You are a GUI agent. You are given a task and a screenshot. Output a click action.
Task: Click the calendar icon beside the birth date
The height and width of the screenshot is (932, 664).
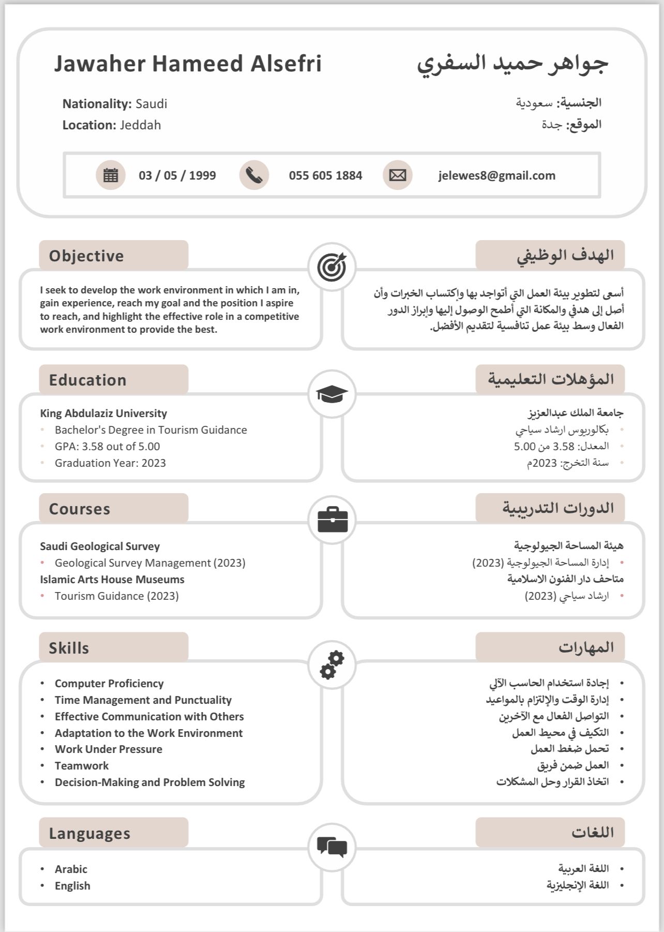[x=110, y=175]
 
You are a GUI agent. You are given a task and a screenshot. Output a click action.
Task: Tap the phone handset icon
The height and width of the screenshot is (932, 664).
[x=254, y=175]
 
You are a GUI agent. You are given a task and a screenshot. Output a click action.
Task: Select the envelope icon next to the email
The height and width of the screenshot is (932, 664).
[x=397, y=175]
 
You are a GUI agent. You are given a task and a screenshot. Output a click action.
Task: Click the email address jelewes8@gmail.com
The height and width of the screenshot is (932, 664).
[x=496, y=175]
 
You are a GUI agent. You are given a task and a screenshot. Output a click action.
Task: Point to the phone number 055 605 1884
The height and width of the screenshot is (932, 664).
[x=325, y=175]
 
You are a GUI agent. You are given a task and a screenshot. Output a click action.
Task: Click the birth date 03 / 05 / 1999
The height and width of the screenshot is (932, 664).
[x=177, y=175]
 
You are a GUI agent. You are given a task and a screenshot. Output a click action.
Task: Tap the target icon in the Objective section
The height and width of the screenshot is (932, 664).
[x=331, y=267]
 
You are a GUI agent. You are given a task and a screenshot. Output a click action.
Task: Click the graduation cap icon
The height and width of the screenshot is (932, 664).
[x=331, y=394]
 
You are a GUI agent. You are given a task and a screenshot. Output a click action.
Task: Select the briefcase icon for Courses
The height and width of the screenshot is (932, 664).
[x=332, y=520]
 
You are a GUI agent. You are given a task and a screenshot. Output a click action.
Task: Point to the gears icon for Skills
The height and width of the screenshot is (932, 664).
[x=332, y=664]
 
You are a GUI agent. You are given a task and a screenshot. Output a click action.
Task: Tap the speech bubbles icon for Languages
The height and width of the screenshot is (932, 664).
[x=332, y=847]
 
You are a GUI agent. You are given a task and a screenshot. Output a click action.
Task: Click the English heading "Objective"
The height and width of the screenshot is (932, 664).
[x=86, y=256]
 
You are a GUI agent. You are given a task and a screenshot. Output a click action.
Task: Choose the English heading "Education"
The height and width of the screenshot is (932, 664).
[x=87, y=380]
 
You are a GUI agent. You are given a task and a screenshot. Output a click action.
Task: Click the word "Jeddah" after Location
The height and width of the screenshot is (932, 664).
[x=140, y=125]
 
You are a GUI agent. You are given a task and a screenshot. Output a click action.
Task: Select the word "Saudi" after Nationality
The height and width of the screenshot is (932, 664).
[x=151, y=104]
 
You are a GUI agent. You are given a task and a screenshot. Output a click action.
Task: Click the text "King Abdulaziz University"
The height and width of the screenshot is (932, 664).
[x=103, y=413]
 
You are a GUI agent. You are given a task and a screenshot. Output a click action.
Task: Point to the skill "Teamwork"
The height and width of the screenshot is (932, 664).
[x=82, y=765]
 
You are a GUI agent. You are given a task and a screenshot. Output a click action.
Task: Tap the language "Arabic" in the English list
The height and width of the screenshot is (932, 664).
[x=71, y=869]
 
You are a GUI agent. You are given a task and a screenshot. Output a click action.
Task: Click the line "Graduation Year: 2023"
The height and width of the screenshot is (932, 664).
[x=110, y=463]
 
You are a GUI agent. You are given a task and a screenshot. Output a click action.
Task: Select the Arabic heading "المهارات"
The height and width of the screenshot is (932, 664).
[x=585, y=647]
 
